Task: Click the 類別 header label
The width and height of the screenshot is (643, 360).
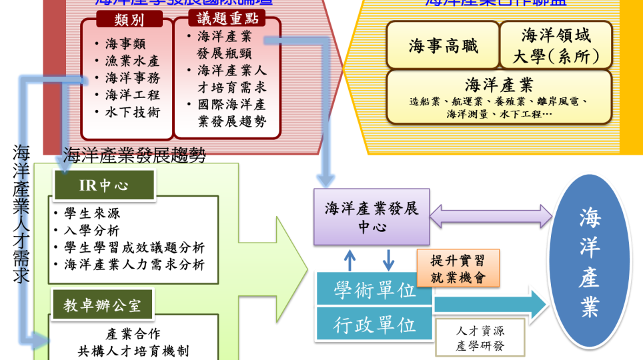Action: coord(129,19)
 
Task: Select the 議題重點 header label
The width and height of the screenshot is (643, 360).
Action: coord(226,18)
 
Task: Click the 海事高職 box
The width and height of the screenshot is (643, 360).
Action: coord(443,46)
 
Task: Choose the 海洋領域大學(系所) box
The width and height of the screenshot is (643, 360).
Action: coord(556,45)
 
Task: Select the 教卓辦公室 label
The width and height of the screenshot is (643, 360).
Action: coord(102,305)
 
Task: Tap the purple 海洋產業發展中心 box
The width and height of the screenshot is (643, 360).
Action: coord(372,217)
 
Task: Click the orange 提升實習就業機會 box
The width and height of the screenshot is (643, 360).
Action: coord(458,268)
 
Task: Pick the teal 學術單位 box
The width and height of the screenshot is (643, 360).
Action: coord(374,290)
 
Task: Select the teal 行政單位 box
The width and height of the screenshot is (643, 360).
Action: coord(374,325)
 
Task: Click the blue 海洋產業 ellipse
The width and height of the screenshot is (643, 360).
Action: coord(589,261)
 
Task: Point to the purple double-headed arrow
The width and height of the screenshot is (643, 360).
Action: coord(491,216)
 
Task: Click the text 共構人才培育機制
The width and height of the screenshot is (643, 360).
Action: coord(133,351)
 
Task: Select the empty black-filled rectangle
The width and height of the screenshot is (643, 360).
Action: coord(480,337)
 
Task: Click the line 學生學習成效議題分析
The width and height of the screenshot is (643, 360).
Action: coord(133,247)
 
